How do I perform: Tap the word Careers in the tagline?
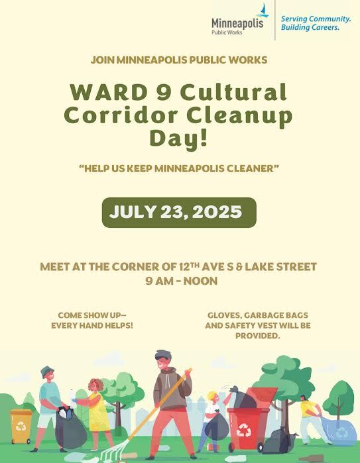pos(322,28)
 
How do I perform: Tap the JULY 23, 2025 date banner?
pos(178,213)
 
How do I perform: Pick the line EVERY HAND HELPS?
pos(92,326)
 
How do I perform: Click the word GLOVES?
pos(225,315)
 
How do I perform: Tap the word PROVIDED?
pos(257,336)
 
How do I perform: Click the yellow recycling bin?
pos(21,426)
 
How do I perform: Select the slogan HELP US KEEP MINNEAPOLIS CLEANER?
pos(179,170)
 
